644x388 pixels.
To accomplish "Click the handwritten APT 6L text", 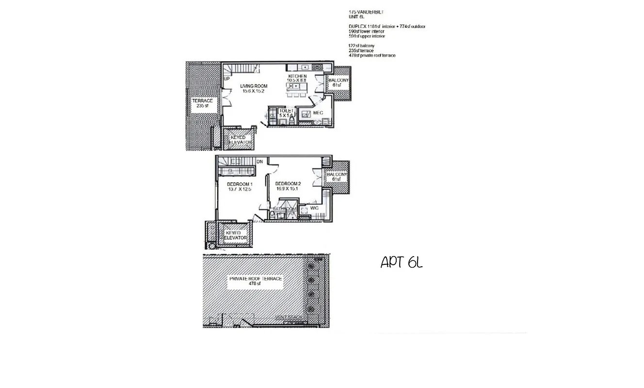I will click(402, 262).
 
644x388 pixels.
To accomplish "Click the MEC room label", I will click(318, 113).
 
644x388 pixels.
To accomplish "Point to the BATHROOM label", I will click(285, 209).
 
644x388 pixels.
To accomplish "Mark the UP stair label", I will click(226, 79).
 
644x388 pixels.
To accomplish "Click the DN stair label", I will click(259, 162).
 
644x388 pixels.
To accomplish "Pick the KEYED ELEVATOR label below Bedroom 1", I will click(236, 235).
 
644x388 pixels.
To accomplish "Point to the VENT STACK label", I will click(289, 318).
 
